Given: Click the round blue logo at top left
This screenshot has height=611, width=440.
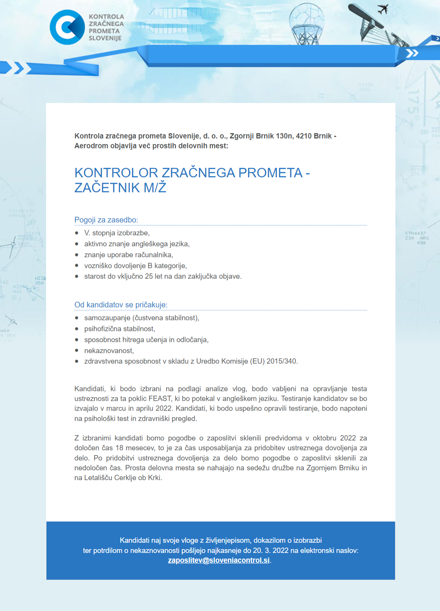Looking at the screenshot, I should [67, 27].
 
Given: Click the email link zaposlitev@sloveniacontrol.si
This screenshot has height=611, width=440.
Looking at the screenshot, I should [219, 560].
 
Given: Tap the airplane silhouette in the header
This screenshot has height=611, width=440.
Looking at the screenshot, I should [383, 9].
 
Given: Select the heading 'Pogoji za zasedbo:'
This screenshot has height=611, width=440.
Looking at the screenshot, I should [106, 220].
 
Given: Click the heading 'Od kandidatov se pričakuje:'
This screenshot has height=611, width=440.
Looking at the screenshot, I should [121, 305].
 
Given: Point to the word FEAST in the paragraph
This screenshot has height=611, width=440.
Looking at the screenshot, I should [160, 399].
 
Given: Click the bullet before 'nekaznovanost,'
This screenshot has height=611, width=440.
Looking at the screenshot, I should [77, 351].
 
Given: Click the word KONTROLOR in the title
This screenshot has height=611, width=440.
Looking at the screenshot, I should [116, 173].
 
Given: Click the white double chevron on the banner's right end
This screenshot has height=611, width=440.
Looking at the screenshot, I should [412, 53].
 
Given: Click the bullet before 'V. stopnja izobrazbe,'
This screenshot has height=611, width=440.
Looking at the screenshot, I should [77, 233].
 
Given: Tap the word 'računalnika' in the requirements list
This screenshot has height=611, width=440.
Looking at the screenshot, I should [154, 255].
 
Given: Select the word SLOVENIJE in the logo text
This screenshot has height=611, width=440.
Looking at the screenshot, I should [105, 38].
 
